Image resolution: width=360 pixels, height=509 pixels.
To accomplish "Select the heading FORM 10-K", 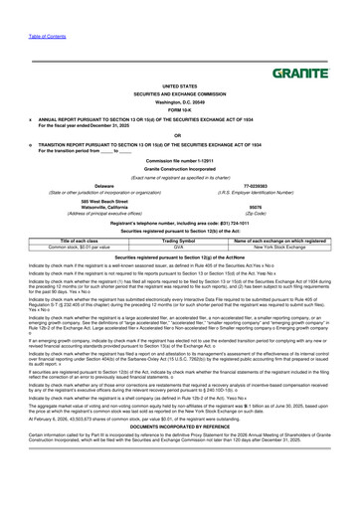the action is (179, 109).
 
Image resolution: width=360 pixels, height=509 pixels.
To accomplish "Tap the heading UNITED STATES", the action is (179, 87).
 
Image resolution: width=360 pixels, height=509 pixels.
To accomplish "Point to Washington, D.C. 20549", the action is (179, 102).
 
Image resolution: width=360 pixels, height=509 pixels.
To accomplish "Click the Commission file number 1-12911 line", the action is (179, 161).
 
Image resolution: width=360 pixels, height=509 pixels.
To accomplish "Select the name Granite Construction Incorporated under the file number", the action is (179, 170).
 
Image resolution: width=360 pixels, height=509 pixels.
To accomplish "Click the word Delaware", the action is (104, 184).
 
